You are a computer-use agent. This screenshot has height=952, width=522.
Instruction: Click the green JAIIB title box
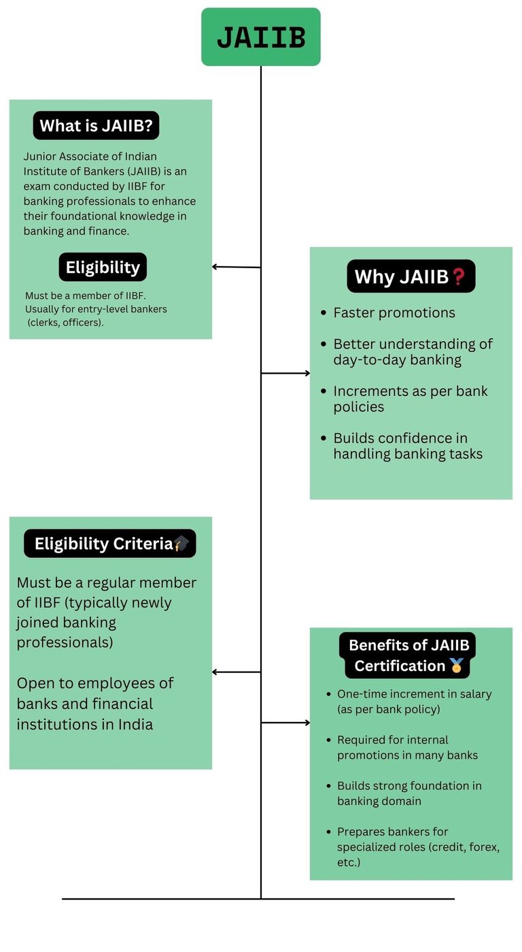coord(260,37)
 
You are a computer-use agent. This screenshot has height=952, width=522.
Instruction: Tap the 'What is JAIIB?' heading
coord(96,126)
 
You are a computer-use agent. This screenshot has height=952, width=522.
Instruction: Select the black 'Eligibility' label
coord(103,267)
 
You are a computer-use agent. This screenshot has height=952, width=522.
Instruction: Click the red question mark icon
coord(458,277)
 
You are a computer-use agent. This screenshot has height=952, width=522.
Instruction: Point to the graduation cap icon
coord(181,543)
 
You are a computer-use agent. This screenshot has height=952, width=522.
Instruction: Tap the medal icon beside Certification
coord(457,666)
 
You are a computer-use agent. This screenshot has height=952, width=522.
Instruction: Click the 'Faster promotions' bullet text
coord(394,313)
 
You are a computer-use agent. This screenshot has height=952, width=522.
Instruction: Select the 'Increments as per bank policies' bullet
coord(411,399)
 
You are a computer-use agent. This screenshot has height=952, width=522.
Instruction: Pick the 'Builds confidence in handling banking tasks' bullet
coord(408,446)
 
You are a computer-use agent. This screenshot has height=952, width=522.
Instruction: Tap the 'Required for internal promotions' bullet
coord(407,747)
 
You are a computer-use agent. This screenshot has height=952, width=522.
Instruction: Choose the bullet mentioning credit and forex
coord(418,847)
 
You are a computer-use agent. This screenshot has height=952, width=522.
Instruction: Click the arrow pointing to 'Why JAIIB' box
coord(285,373)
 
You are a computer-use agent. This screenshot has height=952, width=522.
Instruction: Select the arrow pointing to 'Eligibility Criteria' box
coord(236,672)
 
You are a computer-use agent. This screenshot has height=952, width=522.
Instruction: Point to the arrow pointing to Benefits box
coord(285,723)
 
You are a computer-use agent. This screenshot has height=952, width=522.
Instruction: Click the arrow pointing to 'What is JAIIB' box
coord(236,267)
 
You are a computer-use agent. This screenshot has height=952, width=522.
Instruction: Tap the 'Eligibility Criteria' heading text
coord(103,544)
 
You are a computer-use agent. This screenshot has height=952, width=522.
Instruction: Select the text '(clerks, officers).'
coord(65,323)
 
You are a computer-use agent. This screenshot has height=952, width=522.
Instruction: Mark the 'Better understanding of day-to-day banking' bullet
coord(413,352)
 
